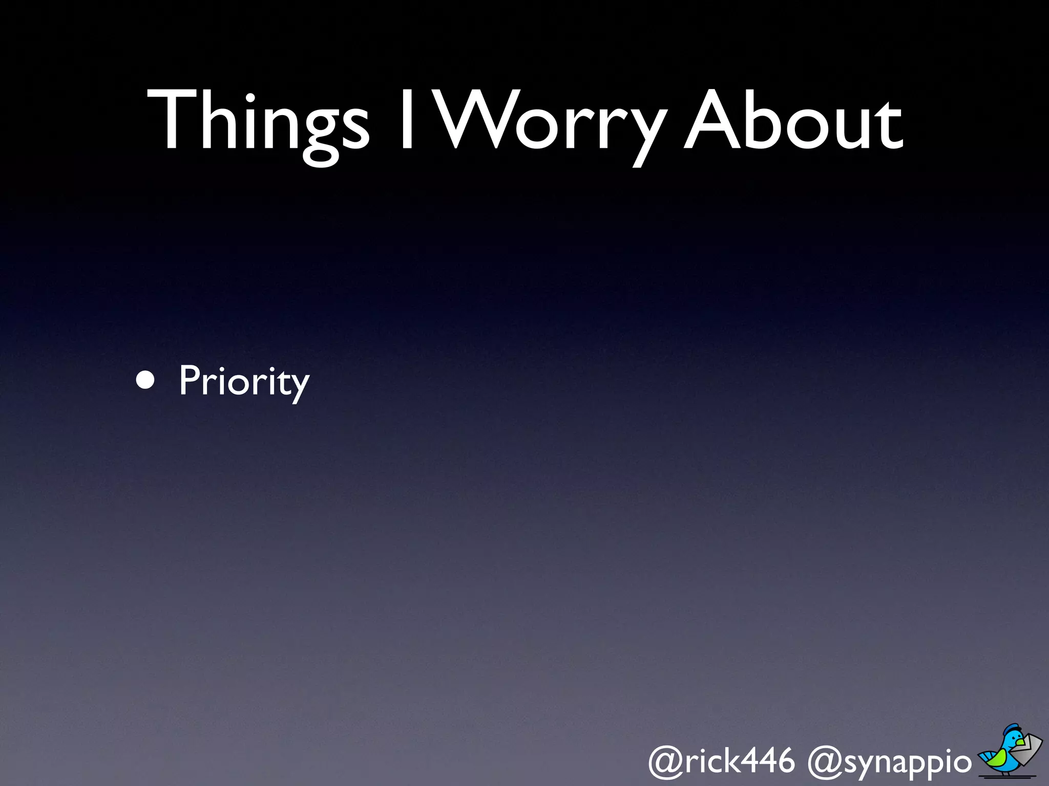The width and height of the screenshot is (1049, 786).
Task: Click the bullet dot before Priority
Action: tap(145, 381)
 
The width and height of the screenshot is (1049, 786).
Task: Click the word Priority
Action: tap(244, 381)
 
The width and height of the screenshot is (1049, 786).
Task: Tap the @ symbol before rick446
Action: tap(666, 761)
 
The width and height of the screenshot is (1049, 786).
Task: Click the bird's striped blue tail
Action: tap(985, 756)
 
